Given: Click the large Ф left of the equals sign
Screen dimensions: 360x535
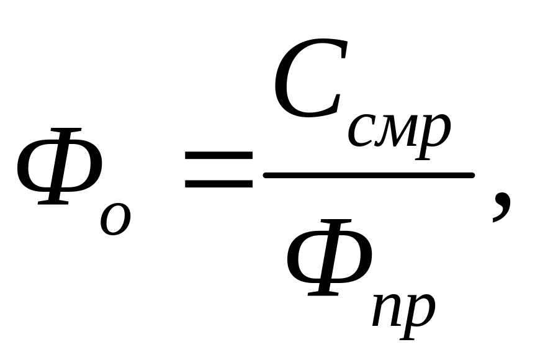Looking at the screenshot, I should [60, 166].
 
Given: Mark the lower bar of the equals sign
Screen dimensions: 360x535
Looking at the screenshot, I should [218, 185].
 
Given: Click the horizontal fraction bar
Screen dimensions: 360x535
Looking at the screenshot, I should [369, 176].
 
